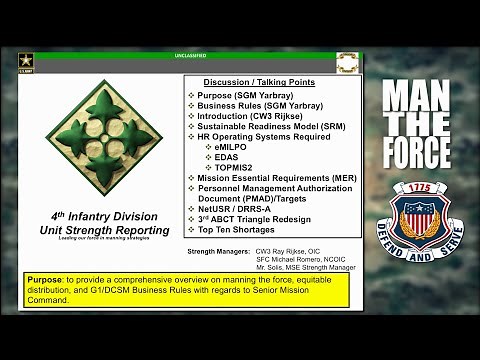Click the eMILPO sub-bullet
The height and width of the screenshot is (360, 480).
pos(229,146)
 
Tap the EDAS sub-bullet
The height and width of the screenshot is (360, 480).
pos(226,156)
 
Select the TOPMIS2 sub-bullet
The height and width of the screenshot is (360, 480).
pos(232,166)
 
